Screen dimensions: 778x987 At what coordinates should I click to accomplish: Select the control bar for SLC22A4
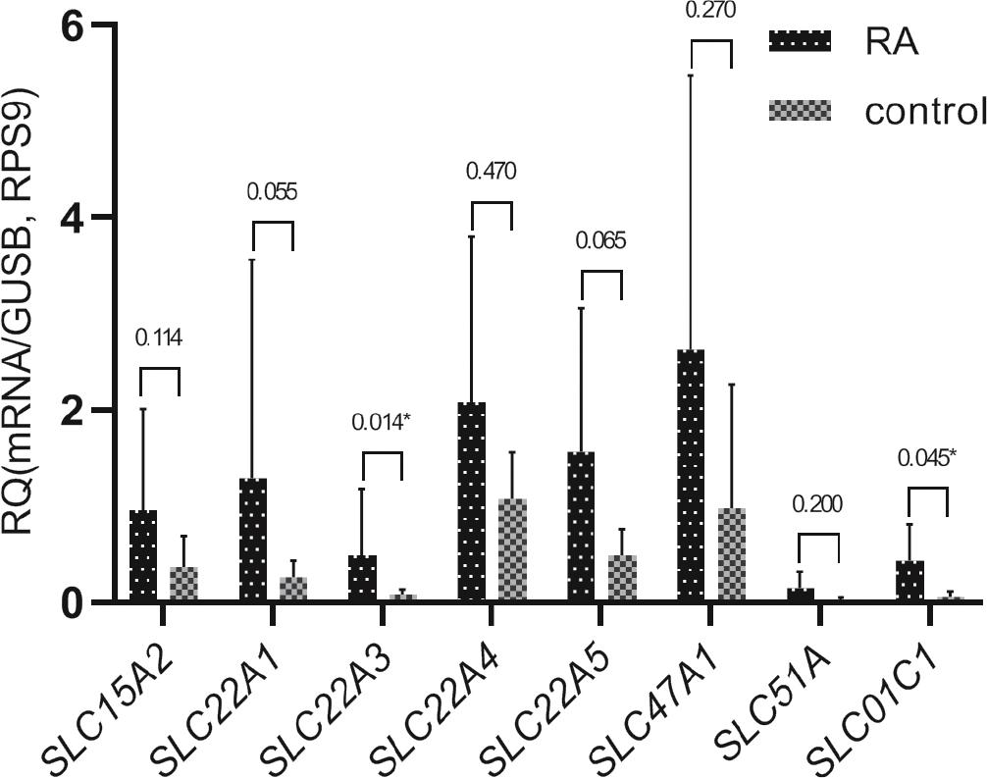512,550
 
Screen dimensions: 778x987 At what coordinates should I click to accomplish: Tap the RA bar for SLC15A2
143,556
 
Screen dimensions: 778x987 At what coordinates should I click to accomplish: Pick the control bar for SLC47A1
731,555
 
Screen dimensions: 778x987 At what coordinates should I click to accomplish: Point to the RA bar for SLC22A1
253,541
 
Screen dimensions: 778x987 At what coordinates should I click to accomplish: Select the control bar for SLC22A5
622,579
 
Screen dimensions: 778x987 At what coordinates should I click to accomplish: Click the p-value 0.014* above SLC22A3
382,424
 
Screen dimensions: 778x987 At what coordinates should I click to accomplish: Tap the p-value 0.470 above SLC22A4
491,172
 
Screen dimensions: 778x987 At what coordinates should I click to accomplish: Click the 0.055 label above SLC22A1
273,191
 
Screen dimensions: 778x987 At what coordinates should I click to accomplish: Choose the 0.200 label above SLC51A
817,504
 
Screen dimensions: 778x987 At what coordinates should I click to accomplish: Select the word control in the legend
924,112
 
